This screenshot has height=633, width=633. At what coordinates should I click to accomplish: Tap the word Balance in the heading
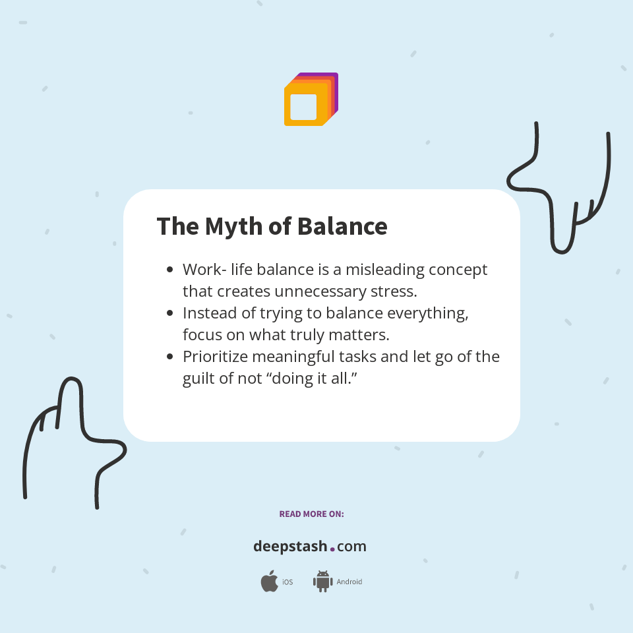click(342, 226)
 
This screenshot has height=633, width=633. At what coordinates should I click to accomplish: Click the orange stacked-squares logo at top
click(310, 100)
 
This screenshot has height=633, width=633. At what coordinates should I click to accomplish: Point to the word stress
click(394, 291)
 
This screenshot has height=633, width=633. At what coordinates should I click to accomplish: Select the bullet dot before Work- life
click(170, 270)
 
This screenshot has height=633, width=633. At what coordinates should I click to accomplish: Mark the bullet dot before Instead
click(170, 313)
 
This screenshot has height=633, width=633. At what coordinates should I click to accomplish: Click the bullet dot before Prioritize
click(170, 357)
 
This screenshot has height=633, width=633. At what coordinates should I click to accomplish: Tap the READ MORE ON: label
click(311, 514)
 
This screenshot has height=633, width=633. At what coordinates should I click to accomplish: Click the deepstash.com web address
click(310, 547)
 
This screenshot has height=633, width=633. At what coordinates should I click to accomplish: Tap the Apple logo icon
click(269, 582)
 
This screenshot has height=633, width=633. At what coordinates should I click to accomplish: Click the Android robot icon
click(322, 581)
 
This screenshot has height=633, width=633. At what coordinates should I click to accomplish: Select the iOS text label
click(287, 582)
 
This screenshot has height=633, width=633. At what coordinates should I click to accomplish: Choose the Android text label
click(349, 582)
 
